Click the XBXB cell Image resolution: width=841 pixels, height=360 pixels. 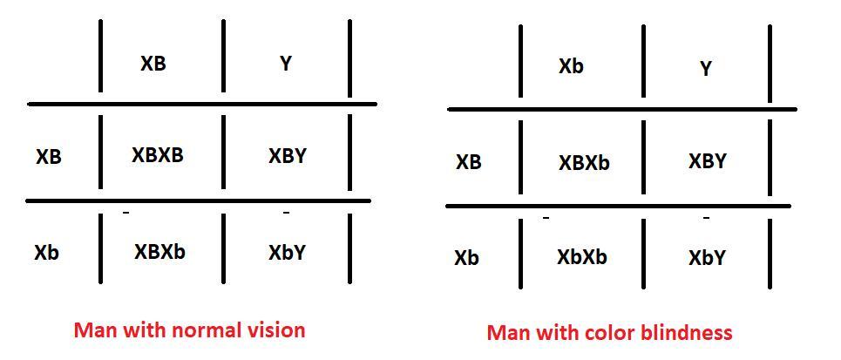(x=158, y=155)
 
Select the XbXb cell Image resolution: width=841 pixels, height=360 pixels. (x=582, y=257)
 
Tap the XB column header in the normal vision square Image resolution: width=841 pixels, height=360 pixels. (x=153, y=64)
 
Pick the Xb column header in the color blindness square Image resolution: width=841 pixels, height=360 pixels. (x=571, y=66)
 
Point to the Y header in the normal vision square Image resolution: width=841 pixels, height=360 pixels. (x=286, y=64)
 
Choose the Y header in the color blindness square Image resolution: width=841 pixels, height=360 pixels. (x=706, y=69)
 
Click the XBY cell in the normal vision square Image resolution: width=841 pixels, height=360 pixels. (x=288, y=156)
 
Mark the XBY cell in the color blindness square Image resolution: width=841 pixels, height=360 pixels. (x=708, y=161)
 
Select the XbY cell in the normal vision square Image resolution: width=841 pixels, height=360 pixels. (x=287, y=253)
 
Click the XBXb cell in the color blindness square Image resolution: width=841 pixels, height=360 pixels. (x=584, y=162)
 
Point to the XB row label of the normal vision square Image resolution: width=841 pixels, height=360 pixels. (x=49, y=158)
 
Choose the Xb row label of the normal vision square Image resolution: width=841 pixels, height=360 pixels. (x=47, y=253)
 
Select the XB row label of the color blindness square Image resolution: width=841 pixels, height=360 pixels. (x=469, y=162)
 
